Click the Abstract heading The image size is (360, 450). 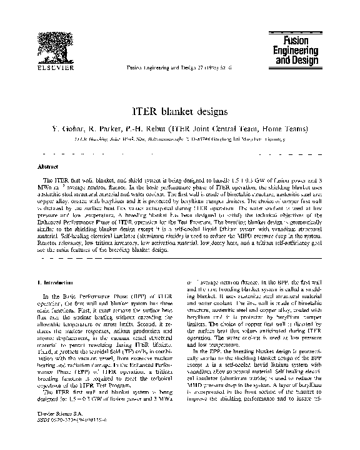(x=47, y=167)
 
